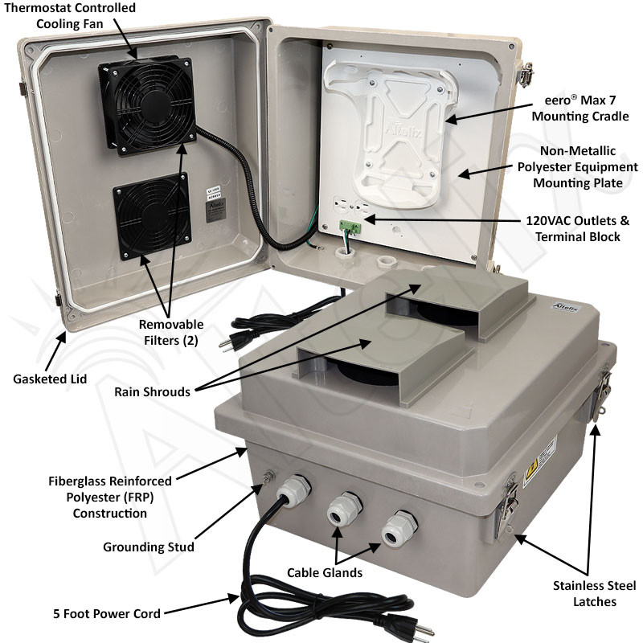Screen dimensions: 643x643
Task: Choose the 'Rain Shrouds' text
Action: [x=153, y=392]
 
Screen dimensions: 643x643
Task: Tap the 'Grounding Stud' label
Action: [x=149, y=547]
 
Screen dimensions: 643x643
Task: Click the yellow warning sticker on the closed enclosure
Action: [x=530, y=471]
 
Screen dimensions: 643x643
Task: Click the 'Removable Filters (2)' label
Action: [x=170, y=332]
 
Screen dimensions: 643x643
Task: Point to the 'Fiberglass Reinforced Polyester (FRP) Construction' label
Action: [x=109, y=497]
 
